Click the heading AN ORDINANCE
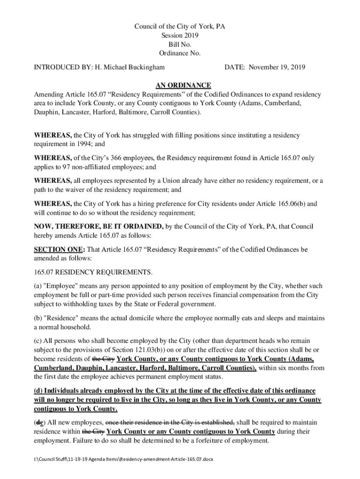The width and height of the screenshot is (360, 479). (x=183, y=85)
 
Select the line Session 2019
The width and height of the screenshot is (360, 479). (x=180, y=36)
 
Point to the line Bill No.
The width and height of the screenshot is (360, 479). (x=180, y=44)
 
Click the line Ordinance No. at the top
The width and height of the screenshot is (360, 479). (x=180, y=53)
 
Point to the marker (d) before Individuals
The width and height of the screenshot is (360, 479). (x=39, y=391)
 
